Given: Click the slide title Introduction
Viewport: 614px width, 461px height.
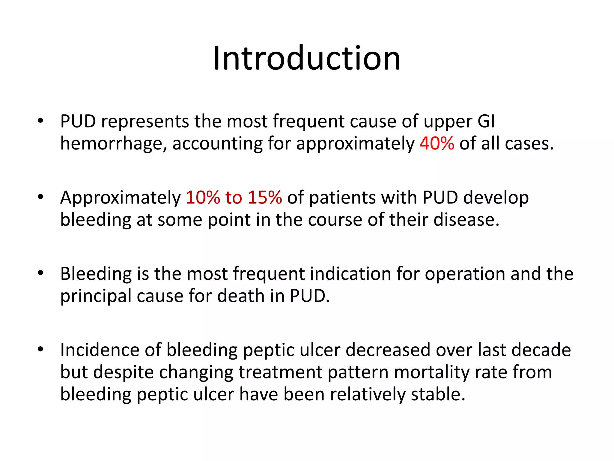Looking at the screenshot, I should point(307,58).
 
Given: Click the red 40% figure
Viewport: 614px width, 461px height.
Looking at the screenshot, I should point(437,143).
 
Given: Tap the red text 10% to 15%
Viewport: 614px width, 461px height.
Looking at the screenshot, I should point(234,197).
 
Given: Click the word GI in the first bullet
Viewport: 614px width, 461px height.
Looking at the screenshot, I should point(486,121).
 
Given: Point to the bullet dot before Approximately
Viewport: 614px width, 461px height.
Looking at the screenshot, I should point(40,197).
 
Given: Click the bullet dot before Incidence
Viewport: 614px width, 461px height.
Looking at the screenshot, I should point(40,349).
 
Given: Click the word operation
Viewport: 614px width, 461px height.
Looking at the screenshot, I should point(465,274).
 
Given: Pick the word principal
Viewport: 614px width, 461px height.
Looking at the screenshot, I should point(96,297).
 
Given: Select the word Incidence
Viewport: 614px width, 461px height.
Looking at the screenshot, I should point(100,350).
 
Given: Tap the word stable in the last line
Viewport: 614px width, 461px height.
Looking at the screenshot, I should point(437,394).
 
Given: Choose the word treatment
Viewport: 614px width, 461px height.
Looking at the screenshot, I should point(280,372).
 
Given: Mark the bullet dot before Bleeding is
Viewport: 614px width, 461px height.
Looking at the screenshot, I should point(40,273).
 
